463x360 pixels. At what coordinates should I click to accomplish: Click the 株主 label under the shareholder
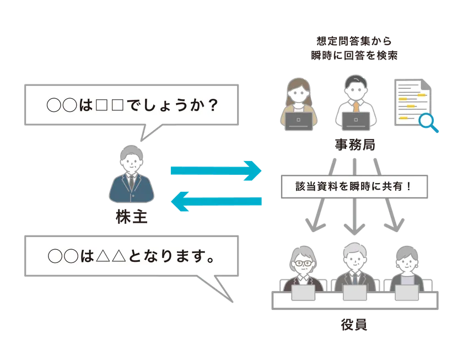(x=131, y=217)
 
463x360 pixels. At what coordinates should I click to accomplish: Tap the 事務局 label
(x=355, y=144)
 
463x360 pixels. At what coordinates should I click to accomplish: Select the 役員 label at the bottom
(x=354, y=325)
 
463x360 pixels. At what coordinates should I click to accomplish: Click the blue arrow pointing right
(x=216, y=171)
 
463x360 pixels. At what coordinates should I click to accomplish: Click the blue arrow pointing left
(x=216, y=201)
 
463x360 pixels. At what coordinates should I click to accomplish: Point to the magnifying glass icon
(x=428, y=123)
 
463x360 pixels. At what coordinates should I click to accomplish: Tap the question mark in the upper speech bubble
(x=213, y=105)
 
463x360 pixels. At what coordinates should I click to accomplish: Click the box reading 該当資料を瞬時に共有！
(x=354, y=186)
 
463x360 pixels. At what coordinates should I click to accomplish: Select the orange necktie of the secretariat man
(x=356, y=106)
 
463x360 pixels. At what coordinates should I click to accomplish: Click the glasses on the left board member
(x=303, y=263)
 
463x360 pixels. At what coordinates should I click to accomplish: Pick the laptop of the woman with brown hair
(x=299, y=121)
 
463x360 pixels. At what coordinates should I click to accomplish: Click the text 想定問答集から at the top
(x=354, y=41)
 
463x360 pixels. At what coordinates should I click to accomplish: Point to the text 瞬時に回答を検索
(x=354, y=55)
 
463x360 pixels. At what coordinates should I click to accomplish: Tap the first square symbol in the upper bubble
(x=101, y=105)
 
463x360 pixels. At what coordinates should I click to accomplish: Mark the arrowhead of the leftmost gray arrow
(x=315, y=225)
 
